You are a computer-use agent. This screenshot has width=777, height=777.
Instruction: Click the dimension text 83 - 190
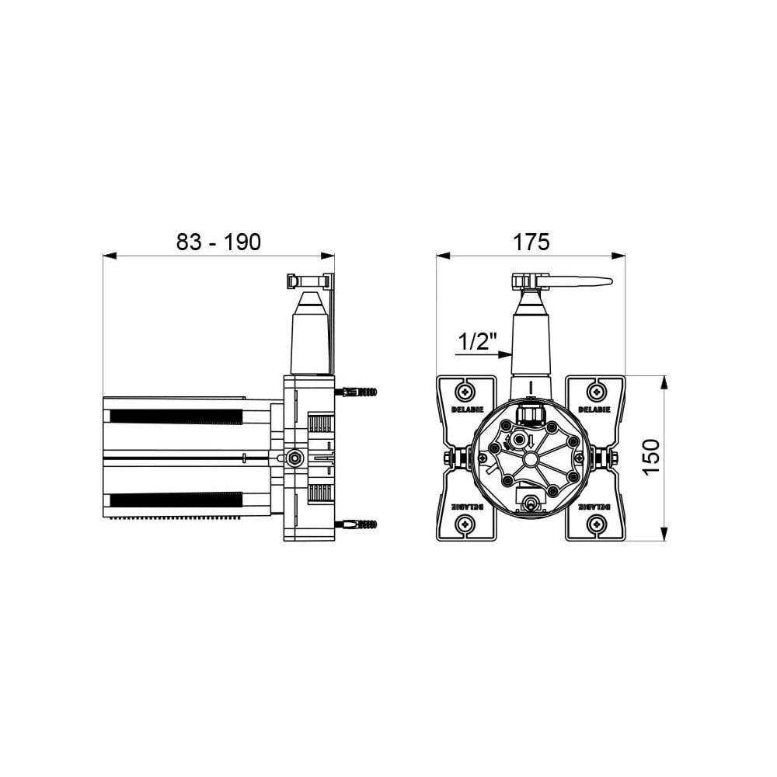[218, 242]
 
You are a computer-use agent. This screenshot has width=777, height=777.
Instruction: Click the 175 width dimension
[531, 242]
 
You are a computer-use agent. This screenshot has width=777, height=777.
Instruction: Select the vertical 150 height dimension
[652, 456]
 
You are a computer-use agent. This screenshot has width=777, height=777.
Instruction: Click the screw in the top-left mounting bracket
[465, 392]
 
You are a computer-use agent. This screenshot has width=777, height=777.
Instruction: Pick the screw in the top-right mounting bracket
[596, 392]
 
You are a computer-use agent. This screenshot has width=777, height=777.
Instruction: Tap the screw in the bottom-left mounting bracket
[465, 523]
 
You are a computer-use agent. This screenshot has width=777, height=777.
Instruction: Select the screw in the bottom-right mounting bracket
[596, 523]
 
